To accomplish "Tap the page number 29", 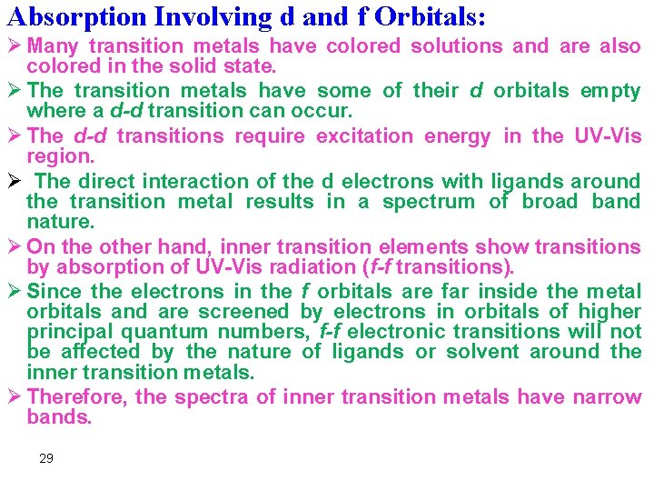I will (46, 458).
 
